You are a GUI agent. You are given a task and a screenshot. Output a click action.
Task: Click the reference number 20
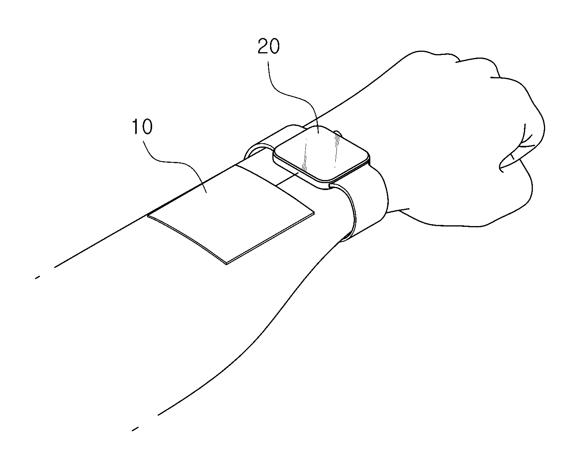coord(269,46)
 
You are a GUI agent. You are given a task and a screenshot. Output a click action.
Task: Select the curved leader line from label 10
coord(176,165)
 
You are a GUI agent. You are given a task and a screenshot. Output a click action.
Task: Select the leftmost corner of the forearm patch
coord(148,216)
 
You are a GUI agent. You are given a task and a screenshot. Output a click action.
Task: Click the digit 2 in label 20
coord(263,46)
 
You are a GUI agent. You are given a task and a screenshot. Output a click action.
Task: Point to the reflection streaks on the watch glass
coord(321,153)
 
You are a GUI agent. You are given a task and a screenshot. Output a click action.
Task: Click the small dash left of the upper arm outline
coord(38,278)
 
